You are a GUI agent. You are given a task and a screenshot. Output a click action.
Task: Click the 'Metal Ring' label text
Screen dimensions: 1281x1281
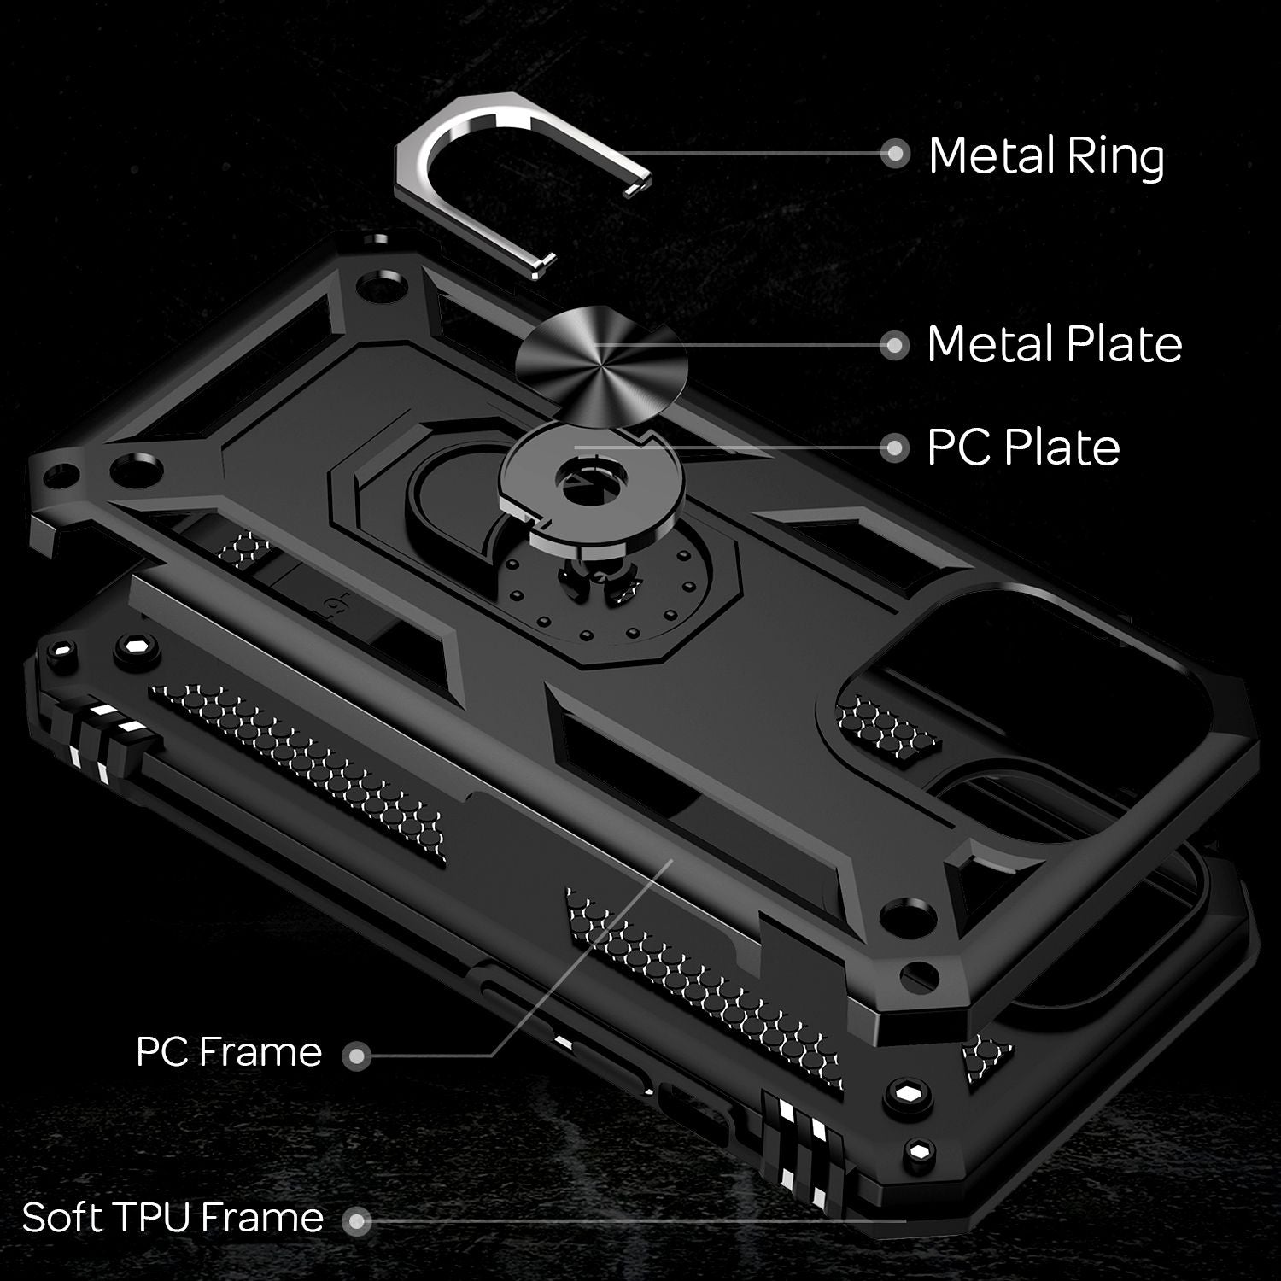pyautogui.click(x=1045, y=156)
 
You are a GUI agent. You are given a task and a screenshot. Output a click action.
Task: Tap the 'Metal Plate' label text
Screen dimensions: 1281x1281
pyautogui.click(x=1054, y=344)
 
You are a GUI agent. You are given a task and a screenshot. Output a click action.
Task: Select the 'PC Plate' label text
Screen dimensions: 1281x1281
pyautogui.click(x=1023, y=447)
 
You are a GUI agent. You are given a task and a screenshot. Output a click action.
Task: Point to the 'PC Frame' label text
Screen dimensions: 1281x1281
pyautogui.click(x=228, y=1052)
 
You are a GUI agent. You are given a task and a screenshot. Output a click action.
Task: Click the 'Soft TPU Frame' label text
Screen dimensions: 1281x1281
pyautogui.click(x=173, y=1218)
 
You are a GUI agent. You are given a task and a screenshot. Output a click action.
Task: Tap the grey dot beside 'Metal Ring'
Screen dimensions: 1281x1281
pyautogui.click(x=894, y=154)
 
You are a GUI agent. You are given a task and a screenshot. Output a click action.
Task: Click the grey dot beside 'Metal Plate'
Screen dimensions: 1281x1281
pyautogui.click(x=894, y=345)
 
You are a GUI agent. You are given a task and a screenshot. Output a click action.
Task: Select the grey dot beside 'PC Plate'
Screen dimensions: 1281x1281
pyautogui.click(x=894, y=447)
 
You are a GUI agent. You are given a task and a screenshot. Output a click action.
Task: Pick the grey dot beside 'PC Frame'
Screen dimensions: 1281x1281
pyautogui.click(x=356, y=1057)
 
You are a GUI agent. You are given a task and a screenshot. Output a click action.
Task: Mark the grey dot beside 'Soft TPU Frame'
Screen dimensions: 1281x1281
pyautogui.click(x=356, y=1221)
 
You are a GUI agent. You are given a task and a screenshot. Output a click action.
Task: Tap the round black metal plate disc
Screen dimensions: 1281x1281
pyautogui.click(x=602, y=365)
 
